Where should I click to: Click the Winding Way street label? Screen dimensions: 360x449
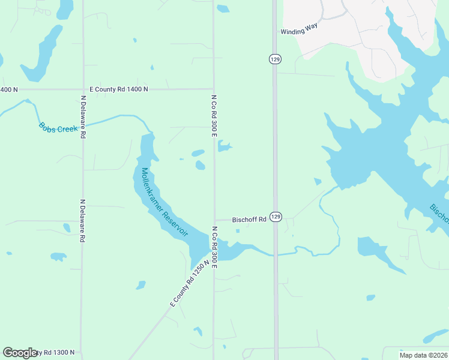coord(298,32)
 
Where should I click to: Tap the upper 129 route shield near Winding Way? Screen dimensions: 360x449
coord(275,59)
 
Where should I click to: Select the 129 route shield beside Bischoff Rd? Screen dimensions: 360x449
coord(276,217)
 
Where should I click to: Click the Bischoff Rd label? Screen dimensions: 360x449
coord(249,220)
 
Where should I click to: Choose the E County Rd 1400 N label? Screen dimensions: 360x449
coord(118,89)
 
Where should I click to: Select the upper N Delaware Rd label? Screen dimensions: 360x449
coord(83,116)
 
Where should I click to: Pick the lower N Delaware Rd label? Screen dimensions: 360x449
coord(82,220)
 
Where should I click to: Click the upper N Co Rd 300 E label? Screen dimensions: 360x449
coord(213,115)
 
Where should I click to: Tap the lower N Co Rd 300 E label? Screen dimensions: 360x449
coord(214,243)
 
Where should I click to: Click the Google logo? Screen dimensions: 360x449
coord(20,352)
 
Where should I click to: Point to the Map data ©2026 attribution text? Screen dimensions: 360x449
coord(423,355)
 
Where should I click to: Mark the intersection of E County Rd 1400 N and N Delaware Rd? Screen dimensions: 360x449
coord(82,89)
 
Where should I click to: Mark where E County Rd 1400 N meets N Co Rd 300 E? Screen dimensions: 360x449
coord(214,89)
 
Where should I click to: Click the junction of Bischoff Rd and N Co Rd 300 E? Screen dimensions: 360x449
coord(214,220)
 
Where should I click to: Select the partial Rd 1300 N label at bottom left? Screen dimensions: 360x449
coord(57,353)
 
